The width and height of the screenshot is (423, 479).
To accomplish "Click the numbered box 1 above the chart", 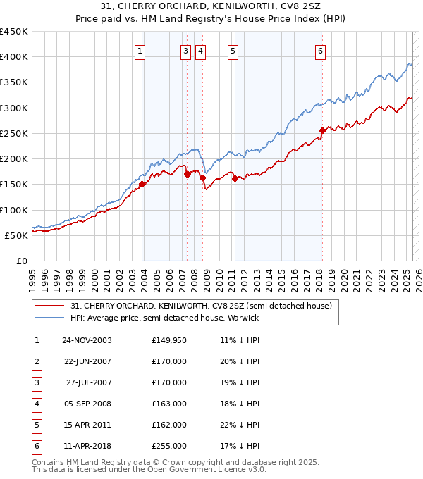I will [140, 50].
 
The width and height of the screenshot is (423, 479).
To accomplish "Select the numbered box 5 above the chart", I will [233, 50].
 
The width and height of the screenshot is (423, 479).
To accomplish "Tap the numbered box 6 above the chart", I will [320, 50].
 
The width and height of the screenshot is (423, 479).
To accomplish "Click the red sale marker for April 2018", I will [322, 130].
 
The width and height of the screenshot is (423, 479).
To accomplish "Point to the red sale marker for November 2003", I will [142, 184].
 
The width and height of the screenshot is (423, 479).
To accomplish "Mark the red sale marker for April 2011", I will [234, 178].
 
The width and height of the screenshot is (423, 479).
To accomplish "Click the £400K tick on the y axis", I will [14, 57].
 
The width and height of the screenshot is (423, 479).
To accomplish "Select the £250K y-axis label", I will [14, 133].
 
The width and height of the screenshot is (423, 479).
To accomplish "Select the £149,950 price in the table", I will [169, 340].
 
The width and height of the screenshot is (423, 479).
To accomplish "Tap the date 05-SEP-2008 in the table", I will [87, 404].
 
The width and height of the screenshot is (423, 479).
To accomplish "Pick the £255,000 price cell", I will [169, 446].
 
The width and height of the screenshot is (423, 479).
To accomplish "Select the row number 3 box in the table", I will [36, 382].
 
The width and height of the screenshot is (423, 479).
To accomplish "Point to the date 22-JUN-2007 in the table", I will [87, 361].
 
